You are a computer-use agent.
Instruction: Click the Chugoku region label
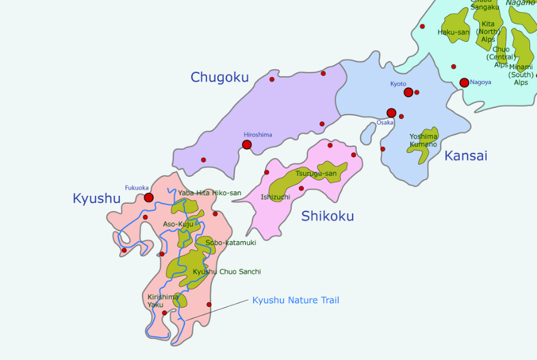(220, 77)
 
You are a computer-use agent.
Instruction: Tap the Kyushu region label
(97, 198)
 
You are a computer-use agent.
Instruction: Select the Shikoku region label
(328, 216)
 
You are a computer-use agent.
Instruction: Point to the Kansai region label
(465, 156)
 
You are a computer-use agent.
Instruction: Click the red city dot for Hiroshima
(247, 144)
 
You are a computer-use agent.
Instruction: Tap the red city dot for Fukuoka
(149, 198)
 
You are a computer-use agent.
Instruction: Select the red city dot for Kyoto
(408, 93)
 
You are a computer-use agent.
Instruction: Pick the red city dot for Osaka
(391, 113)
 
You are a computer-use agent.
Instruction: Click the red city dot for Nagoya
(464, 82)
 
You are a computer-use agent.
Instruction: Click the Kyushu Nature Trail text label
(295, 300)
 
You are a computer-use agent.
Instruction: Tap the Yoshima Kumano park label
(424, 140)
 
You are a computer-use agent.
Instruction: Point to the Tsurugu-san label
(316, 173)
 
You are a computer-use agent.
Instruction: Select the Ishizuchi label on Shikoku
(275, 196)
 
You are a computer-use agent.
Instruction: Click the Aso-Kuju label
(178, 224)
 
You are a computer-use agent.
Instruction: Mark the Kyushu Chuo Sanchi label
(227, 272)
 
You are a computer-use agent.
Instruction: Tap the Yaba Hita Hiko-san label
(209, 193)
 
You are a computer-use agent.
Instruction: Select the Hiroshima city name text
(258, 134)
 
